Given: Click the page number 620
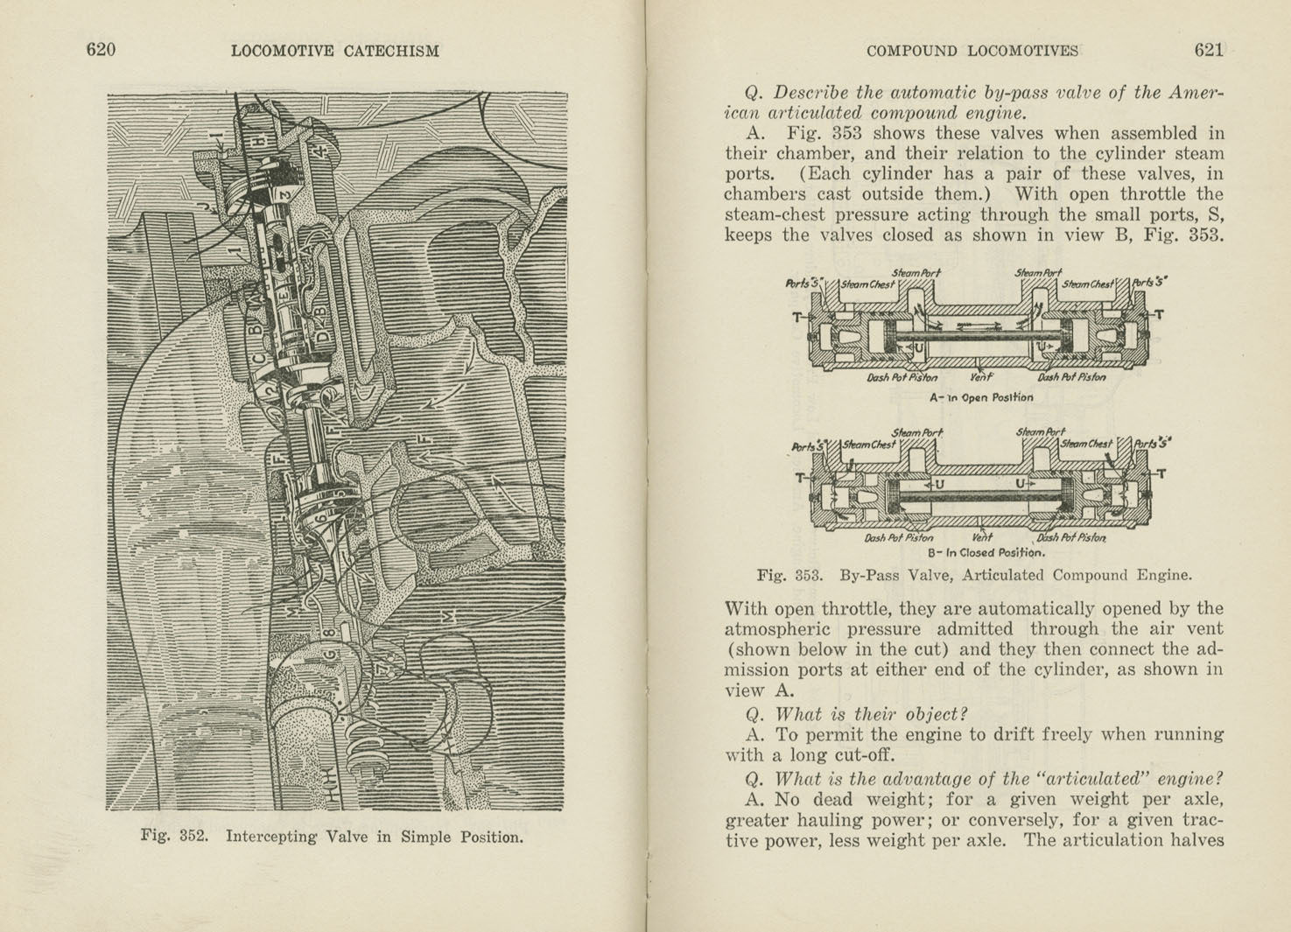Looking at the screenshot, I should tap(101, 50).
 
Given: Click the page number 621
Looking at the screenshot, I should tap(1208, 50).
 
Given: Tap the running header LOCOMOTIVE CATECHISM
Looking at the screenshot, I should tap(334, 51).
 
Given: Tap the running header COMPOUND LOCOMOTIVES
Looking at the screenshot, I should tap(972, 51).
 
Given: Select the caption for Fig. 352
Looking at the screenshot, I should tap(332, 837).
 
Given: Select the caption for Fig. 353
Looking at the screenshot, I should tap(973, 576).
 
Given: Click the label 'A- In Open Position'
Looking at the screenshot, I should tap(980, 397).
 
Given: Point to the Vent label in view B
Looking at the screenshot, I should tap(982, 537).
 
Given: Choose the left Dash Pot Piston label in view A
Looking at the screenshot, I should tap(902, 378).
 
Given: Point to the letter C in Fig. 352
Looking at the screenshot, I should tap(258, 358).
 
